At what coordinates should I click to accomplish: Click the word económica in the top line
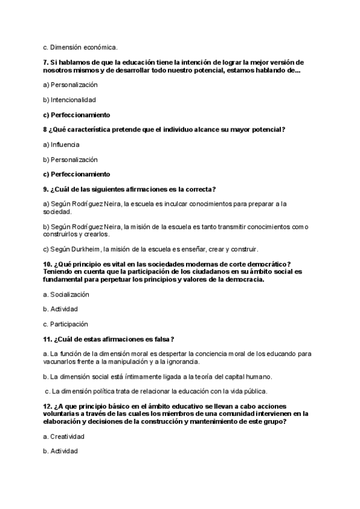click(101, 47)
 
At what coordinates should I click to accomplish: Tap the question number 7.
click(46, 62)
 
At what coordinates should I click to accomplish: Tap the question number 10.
click(48, 264)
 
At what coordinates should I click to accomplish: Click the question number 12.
click(48, 406)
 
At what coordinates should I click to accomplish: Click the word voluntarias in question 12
click(62, 414)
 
